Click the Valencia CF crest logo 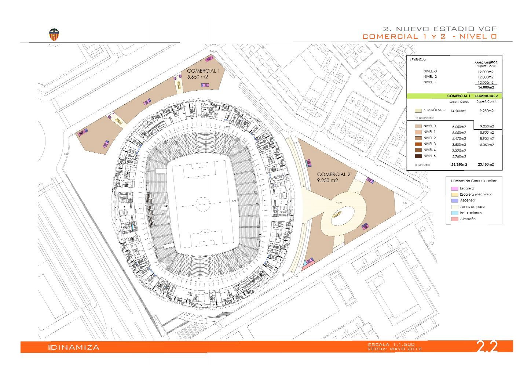pyautogui.click(x=54, y=35)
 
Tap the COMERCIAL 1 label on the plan pyautogui.click(x=203, y=71)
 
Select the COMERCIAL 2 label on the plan pyautogui.click(x=334, y=174)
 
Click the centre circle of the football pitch pyautogui.click(x=203, y=203)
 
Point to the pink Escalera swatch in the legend pyautogui.click(x=454, y=188)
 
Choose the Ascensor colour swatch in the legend pyautogui.click(x=454, y=200)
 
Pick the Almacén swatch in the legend pyautogui.click(x=454, y=219)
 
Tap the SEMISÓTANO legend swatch pyautogui.click(x=417, y=110)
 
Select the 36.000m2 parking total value pyautogui.click(x=486, y=87)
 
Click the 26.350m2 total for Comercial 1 pyautogui.click(x=459, y=165)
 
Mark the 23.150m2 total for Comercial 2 pyautogui.click(x=486, y=165)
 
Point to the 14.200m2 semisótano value pyautogui.click(x=458, y=111)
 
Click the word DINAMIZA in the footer pyautogui.click(x=75, y=347)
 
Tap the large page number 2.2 pyautogui.click(x=487, y=347)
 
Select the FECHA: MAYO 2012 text pyautogui.click(x=395, y=349)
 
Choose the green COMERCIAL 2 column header pyautogui.click(x=486, y=96)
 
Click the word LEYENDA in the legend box pyautogui.click(x=417, y=59)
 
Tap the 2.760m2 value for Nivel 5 pyautogui.click(x=459, y=157)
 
